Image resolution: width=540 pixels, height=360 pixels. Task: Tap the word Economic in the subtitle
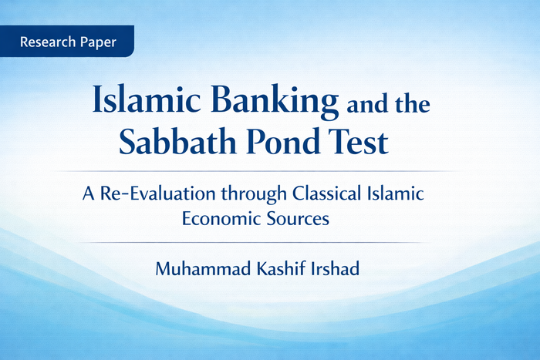(x=219, y=218)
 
